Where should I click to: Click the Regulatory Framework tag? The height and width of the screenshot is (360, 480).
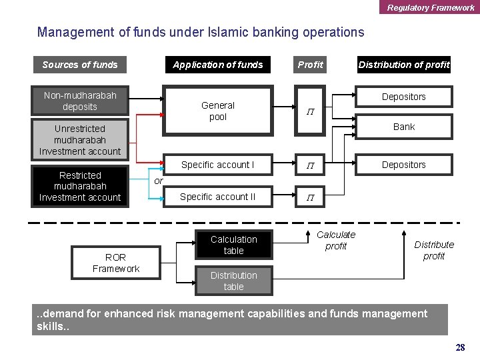coord(430,7)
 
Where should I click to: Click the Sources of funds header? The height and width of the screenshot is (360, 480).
coord(79,65)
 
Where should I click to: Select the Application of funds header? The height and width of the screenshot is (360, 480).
coord(218,65)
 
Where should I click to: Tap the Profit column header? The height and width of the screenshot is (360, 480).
coord(310,65)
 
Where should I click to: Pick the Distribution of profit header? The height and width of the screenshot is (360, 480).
coord(404,65)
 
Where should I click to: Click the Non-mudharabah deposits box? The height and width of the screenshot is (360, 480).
coord(80,101)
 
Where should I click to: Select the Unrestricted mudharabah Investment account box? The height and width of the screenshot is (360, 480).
coord(80,140)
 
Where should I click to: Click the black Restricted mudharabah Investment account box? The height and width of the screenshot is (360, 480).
coord(80,186)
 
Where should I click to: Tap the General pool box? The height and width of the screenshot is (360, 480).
coord(218,111)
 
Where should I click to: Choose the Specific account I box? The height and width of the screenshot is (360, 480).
coord(218,164)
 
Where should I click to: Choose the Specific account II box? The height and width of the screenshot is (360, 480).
coord(218,197)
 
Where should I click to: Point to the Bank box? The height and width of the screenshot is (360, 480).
coord(404,127)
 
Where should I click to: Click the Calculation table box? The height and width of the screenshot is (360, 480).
coord(233,245)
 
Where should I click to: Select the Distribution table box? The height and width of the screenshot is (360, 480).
coord(233,281)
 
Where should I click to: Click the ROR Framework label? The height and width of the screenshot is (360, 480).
coord(116,263)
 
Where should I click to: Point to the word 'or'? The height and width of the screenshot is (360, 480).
coord(158,181)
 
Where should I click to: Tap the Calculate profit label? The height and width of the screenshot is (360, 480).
coord(336,240)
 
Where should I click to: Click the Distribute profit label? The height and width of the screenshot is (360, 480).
coord(434,250)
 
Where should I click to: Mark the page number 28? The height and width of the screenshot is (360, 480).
coord(460,347)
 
